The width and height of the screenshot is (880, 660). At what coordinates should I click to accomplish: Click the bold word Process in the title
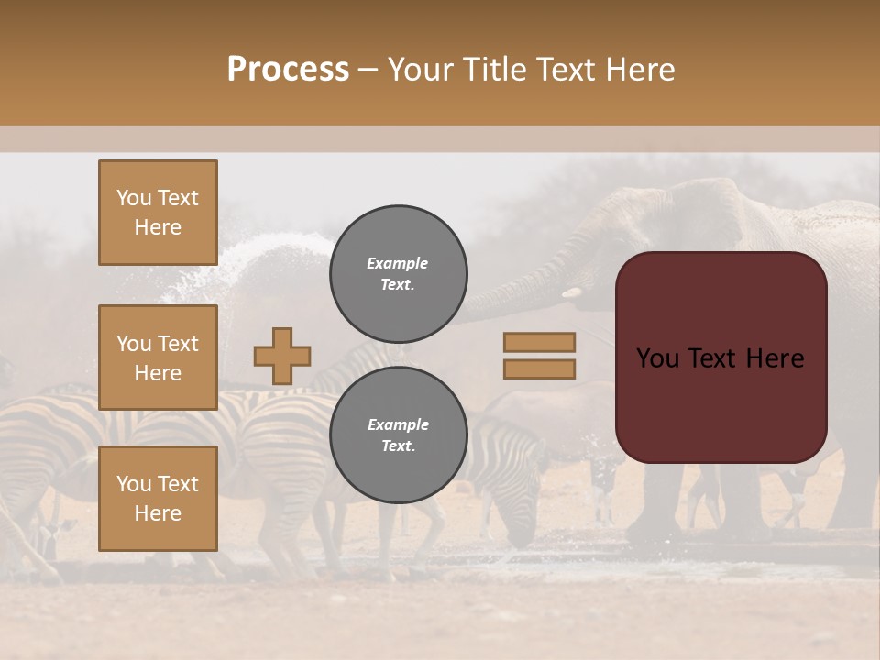288,70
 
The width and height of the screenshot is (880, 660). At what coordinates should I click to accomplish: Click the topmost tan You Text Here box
158,213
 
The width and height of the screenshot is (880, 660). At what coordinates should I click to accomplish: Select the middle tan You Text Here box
158,357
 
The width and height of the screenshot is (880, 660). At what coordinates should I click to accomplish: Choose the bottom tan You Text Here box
158,498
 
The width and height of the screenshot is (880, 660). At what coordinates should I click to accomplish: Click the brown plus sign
282,356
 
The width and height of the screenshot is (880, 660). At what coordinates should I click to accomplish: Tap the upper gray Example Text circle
398,273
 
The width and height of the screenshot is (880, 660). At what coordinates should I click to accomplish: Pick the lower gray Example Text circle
398,434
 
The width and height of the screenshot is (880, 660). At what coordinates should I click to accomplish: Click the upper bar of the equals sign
539,342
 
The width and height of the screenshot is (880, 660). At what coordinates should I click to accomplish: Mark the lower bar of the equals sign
539,368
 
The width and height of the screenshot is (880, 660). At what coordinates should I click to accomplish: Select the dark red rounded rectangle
720,357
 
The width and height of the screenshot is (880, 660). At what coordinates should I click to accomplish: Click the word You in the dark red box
656,358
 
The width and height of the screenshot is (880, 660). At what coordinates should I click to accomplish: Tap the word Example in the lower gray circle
398,424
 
